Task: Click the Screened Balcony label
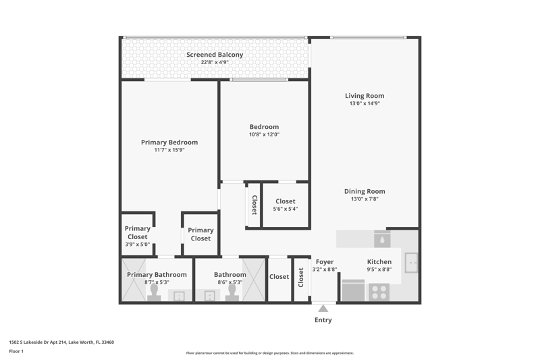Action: point(215,55)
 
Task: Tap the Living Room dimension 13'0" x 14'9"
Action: point(364,103)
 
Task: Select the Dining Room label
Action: point(364,191)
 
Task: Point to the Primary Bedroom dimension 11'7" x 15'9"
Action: point(169,150)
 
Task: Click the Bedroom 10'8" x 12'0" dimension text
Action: point(264,134)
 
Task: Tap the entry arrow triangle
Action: point(323,308)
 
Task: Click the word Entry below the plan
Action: point(323,320)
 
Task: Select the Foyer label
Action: point(325,262)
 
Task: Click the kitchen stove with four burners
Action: point(379,292)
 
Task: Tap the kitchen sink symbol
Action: point(411,263)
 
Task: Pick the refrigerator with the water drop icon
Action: point(382,238)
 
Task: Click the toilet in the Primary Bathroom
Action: point(154,293)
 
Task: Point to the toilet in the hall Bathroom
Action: point(232,293)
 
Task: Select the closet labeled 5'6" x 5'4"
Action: point(286,205)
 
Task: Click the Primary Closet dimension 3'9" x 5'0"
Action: point(138,245)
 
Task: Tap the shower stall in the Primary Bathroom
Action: point(134,280)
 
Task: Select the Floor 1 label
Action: point(16,351)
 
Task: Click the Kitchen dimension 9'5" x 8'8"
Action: point(379,269)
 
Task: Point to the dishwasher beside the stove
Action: point(353,290)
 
